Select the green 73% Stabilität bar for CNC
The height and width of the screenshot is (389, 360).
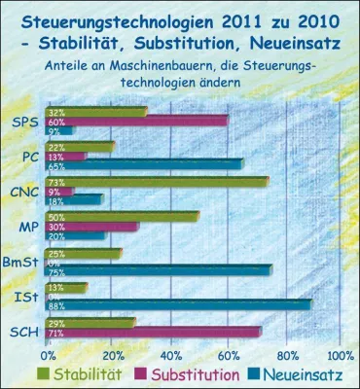point(156,181)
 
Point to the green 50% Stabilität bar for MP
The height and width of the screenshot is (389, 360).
point(123,216)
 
